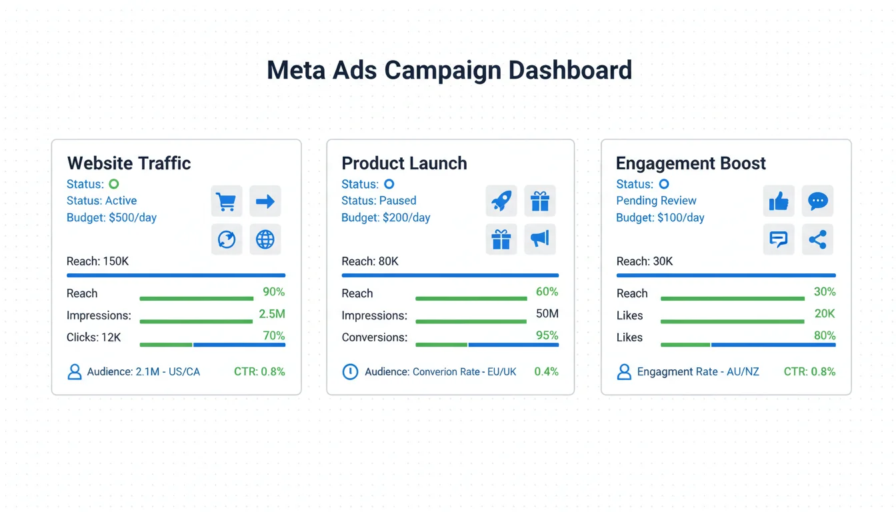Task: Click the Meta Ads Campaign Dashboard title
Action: [x=449, y=71]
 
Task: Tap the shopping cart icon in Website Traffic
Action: [x=227, y=201]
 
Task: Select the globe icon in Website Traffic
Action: [x=265, y=239]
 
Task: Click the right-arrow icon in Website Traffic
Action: [x=265, y=201]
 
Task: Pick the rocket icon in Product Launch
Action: [x=501, y=201]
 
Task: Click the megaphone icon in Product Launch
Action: [x=540, y=239]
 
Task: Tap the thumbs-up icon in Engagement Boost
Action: [x=779, y=201]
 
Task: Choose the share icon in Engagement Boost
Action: [x=817, y=239]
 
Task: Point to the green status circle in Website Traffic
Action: [x=114, y=184]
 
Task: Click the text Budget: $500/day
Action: [x=111, y=217]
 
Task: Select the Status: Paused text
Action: [x=379, y=201]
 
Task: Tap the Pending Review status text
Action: [x=656, y=201]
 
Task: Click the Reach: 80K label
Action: [x=370, y=261]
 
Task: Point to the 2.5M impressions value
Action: [x=271, y=314]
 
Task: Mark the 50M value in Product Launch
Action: [x=547, y=314]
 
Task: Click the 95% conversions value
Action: [x=547, y=335]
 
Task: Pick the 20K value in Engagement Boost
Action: [x=825, y=314]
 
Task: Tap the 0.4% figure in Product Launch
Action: [x=546, y=371]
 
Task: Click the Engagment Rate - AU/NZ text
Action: [x=698, y=371]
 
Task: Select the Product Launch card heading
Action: [x=404, y=163]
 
